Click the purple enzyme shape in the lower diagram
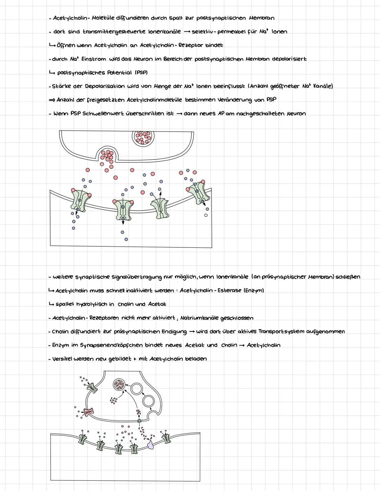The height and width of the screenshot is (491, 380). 151,445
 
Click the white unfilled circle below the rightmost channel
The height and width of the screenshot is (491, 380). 206,215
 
